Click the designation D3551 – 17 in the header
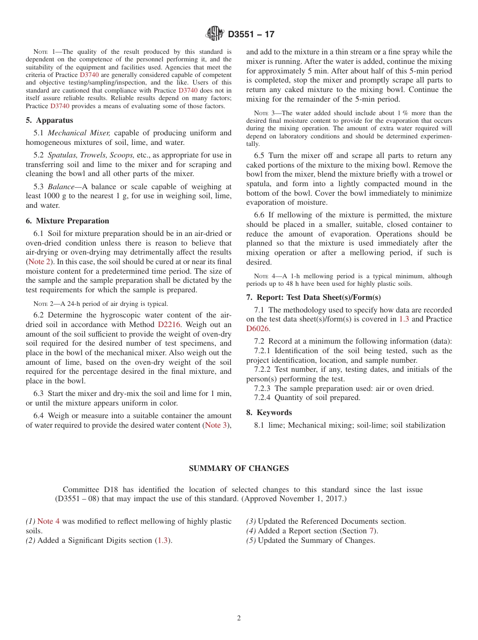(251, 34)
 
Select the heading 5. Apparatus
(49, 120)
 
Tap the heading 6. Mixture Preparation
(67, 221)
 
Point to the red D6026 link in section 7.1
(258, 329)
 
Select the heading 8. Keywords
(269, 413)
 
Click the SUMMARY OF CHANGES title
(238, 468)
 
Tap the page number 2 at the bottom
(239, 618)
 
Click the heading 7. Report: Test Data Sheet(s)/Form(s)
(313, 297)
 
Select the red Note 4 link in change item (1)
(48, 521)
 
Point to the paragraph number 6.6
(260, 215)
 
